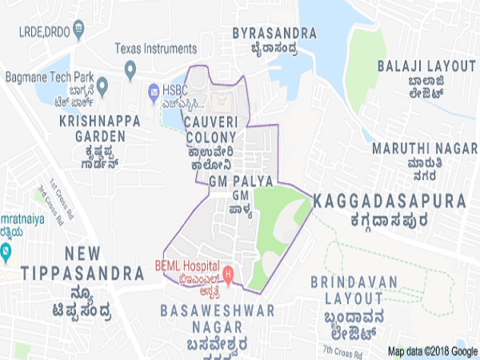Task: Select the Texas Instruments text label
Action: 155,49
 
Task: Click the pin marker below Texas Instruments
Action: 130,73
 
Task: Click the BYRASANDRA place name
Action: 274,33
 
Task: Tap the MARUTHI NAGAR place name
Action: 417,148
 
